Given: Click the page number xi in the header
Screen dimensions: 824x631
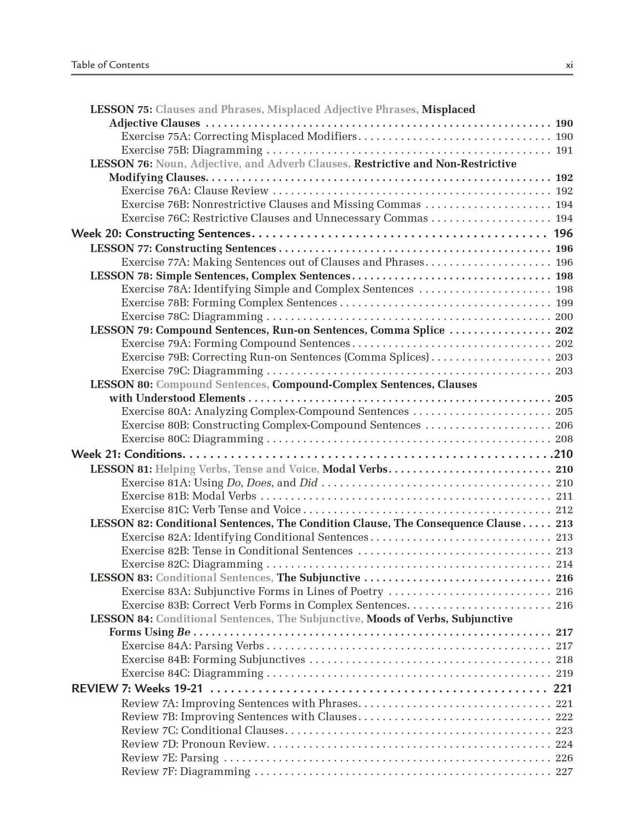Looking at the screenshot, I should click(x=569, y=65).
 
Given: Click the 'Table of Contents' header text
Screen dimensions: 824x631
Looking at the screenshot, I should click(x=110, y=65).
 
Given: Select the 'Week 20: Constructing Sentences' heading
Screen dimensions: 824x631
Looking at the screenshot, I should click(x=161, y=234).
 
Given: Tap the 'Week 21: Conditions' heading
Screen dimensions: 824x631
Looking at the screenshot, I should click(x=128, y=454).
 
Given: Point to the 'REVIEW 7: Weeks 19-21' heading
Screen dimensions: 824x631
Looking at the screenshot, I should click(x=137, y=689).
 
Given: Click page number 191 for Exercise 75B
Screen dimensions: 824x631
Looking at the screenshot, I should click(x=564, y=150).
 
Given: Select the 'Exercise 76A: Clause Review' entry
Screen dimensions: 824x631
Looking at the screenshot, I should click(x=195, y=191).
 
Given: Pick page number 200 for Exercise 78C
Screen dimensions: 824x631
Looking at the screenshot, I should click(x=564, y=317).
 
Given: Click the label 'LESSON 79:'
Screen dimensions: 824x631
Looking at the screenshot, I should click(x=121, y=330).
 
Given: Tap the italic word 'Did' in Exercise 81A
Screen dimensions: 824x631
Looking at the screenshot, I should click(x=308, y=483).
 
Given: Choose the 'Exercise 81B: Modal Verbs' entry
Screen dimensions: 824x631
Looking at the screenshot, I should click(x=189, y=496).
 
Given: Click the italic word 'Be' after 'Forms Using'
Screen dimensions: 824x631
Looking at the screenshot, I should click(x=183, y=632).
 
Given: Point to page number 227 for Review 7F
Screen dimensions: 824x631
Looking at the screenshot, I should click(x=564, y=772).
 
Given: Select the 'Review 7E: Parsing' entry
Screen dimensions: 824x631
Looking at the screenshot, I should click(x=170, y=758).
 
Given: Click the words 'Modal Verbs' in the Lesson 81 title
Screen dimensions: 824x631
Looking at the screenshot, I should click(x=355, y=469).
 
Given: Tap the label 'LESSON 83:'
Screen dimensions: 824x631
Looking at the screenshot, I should click(x=121, y=578).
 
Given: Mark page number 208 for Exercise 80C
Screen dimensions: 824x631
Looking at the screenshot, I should click(x=564, y=439).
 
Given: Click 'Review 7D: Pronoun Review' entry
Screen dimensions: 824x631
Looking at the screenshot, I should click(x=193, y=744).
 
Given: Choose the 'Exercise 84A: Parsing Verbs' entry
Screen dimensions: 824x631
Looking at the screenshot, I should click(x=193, y=646).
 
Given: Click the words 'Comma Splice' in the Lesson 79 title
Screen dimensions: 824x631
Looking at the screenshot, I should click(x=407, y=330).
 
